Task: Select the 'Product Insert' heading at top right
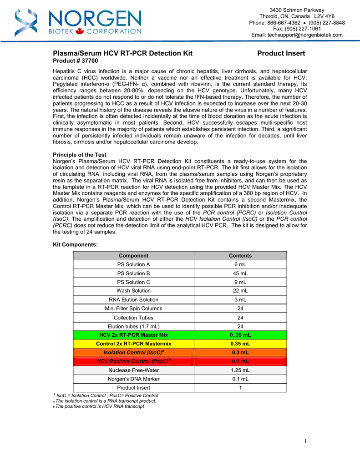[x=281, y=53]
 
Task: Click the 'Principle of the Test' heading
[x=80, y=155]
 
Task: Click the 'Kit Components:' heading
[x=75, y=244]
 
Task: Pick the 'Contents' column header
[x=240, y=256]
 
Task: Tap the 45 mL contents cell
[x=240, y=274]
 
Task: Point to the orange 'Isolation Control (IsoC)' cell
[x=133, y=353]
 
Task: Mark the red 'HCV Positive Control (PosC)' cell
[x=133, y=361]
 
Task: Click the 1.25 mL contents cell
[x=240, y=370]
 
